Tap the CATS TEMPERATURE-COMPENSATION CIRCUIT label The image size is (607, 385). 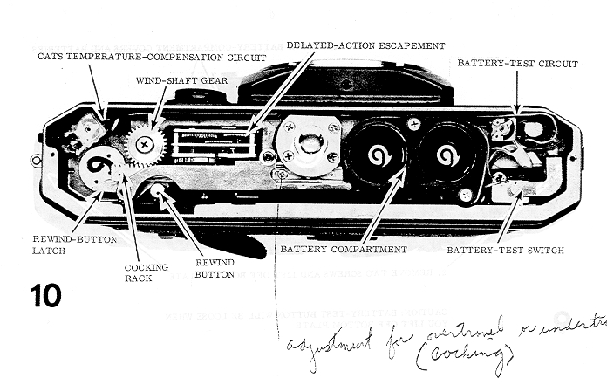[x=152, y=58]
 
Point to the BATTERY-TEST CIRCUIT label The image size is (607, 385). [x=516, y=64]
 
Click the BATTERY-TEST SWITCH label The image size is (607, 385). [x=505, y=251]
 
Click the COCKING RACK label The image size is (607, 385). [x=140, y=272]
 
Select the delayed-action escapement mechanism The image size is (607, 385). [x=213, y=144]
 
